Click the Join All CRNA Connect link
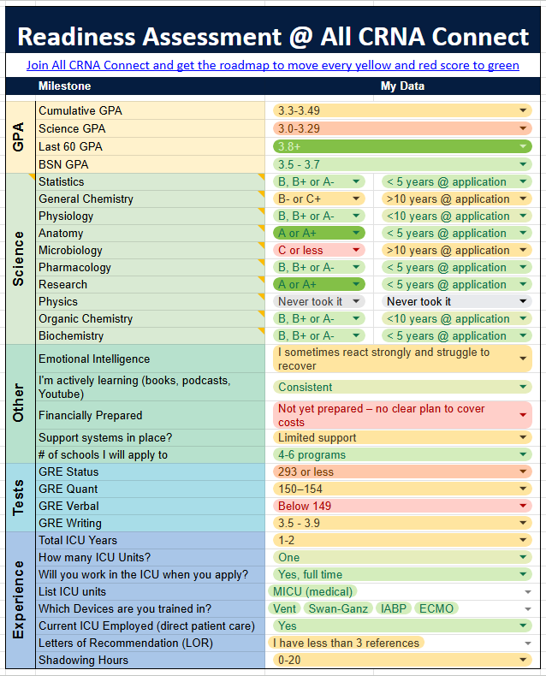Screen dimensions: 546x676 (272, 65)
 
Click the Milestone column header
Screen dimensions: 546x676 (65, 86)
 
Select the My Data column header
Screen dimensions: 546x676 (402, 86)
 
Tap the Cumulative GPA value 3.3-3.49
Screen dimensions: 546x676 (402, 110)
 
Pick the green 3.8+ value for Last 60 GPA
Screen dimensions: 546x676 (402, 146)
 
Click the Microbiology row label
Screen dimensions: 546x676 (70, 250)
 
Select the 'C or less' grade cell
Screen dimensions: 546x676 (318, 250)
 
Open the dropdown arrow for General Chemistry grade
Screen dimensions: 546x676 (356, 199)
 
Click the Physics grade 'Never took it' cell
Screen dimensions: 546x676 (318, 301)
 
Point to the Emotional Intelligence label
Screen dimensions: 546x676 (94, 359)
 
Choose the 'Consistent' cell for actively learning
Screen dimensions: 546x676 (402, 387)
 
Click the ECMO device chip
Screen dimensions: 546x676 (436, 608)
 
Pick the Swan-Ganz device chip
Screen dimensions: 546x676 (338, 608)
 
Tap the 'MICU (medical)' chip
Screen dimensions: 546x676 (312, 591)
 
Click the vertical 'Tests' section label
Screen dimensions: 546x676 (19, 497)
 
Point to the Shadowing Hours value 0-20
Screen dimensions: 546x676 (402, 660)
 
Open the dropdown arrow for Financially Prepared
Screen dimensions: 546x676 (523, 415)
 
